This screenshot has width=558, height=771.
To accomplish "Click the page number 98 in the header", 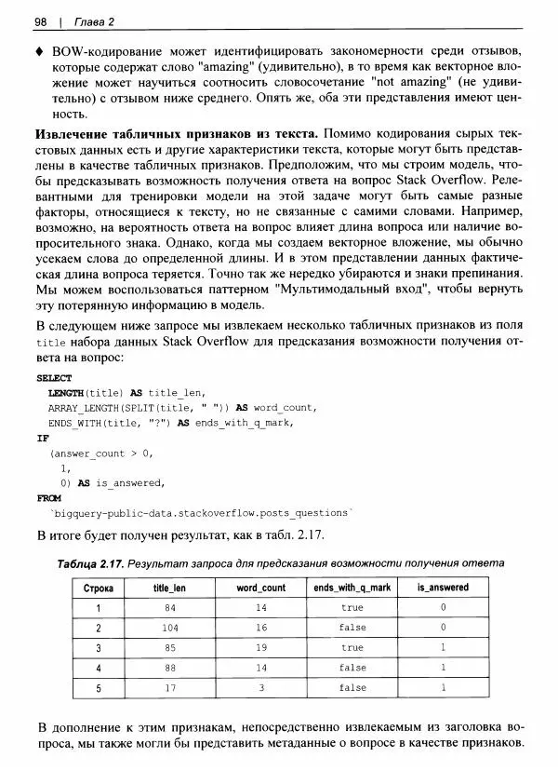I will pos(41,20).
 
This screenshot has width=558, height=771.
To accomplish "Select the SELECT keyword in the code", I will pos(53,379).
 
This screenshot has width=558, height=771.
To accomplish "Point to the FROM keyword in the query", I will pos(47,498).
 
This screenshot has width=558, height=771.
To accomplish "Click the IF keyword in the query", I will pos(42,438).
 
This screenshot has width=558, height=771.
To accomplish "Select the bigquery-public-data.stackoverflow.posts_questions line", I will pos(200,513).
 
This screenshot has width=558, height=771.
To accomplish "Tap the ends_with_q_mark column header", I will pos(352,588).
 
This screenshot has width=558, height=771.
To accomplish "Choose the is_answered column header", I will pos(443,588).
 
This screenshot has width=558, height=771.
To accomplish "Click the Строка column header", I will pos(98,588).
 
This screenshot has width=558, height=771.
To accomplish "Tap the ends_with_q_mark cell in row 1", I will pos(352,608).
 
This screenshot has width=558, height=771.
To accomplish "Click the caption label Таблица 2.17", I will pos(89,563).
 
